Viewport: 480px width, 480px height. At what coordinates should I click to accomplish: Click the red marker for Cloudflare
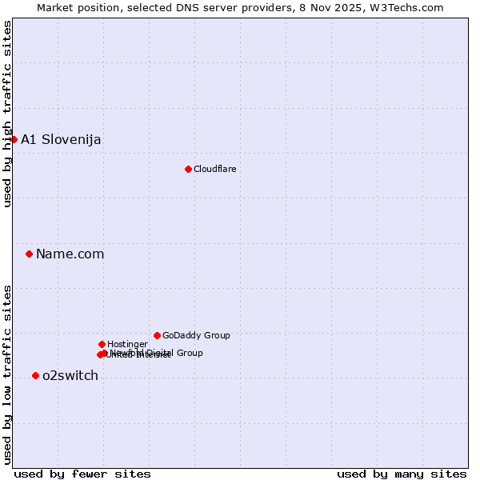[188, 169]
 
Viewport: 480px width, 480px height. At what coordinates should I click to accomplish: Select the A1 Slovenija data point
[14, 139]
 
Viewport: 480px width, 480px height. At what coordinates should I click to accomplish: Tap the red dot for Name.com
[30, 254]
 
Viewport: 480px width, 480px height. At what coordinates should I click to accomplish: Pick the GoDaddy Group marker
[157, 335]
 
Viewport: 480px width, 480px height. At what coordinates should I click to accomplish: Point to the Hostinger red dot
[102, 344]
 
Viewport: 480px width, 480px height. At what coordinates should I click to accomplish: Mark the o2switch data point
[35, 375]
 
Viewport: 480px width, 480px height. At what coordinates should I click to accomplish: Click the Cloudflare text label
[214, 169]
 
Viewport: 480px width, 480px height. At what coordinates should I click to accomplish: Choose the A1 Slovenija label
[61, 139]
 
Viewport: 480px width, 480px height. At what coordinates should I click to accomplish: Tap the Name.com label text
[70, 254]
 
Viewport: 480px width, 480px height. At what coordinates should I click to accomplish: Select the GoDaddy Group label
[196, 335]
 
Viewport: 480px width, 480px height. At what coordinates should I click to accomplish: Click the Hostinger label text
[127, 344]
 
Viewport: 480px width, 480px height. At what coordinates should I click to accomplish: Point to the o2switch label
[70, 375]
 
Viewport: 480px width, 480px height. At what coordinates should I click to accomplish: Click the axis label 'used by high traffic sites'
[7, 114]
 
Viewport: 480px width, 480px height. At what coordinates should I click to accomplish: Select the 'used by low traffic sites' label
[7, 374]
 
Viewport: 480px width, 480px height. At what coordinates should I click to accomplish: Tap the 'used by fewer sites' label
[82, 474]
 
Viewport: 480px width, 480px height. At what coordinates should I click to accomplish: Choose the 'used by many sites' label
[402, 474]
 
